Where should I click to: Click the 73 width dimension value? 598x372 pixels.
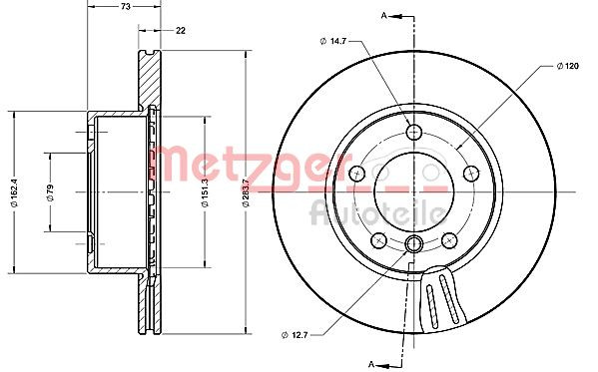(126, 6)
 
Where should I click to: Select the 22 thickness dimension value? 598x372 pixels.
(181, 31)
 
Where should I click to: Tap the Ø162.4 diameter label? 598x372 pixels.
(15, 192)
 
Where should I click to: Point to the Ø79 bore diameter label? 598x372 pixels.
(50, 192)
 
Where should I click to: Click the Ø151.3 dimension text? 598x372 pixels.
(205, 192)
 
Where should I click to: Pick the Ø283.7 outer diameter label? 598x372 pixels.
(246, 192)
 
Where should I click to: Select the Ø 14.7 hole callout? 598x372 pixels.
(332, 41)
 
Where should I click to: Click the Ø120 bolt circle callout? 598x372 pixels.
(567, 66)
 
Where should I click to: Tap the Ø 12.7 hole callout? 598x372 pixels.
(295, 335)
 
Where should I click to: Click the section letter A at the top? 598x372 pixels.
(384, 15)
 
